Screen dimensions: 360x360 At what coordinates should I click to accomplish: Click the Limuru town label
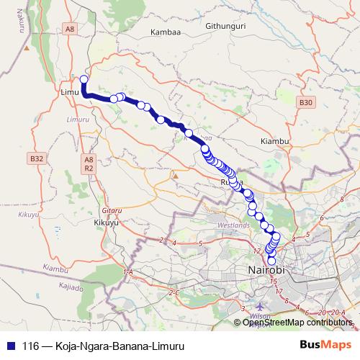pyautogui.click(x=70, y=94)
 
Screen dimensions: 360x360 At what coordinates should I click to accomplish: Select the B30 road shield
pyautogui.click(x=306, y=103)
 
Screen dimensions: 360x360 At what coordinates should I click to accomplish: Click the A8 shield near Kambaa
pyautogui.click(x=69, y=29)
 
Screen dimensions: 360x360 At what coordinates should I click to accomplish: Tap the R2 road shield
pyautogui.click(x=89, y=168)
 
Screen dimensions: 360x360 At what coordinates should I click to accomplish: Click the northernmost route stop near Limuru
pyautogui.click(x=84, y=79)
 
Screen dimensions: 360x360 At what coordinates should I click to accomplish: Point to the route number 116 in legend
pyautogui.click(x=30, y=346)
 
